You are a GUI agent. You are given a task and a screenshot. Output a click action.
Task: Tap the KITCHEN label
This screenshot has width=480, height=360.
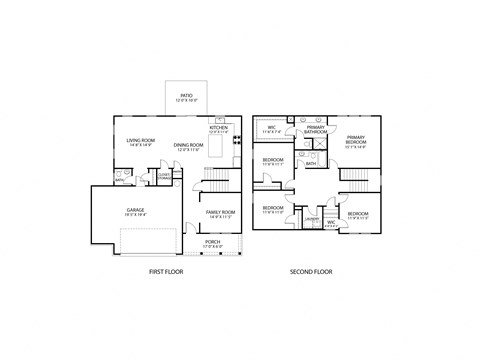pyautogui.click(x=219, y=127)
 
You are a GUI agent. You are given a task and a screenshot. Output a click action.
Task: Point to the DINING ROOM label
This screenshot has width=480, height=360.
pyautogui.click(x=190, y=146)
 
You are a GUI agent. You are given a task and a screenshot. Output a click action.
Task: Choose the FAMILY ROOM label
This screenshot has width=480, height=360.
pyautogui.click(x=220, y=212)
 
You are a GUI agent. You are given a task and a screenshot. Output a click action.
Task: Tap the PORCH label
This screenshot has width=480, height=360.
pyautogui.click(x=213, y=241)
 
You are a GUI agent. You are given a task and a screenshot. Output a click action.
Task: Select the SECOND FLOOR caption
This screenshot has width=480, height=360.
pyautogui.click(x=311, y=271)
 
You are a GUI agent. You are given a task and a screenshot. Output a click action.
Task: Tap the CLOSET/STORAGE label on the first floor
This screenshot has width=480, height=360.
pyautogui.click(x=162, y=176)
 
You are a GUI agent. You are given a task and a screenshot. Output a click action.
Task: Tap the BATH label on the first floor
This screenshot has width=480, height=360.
pyautogui.click(x=119, y=181)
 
